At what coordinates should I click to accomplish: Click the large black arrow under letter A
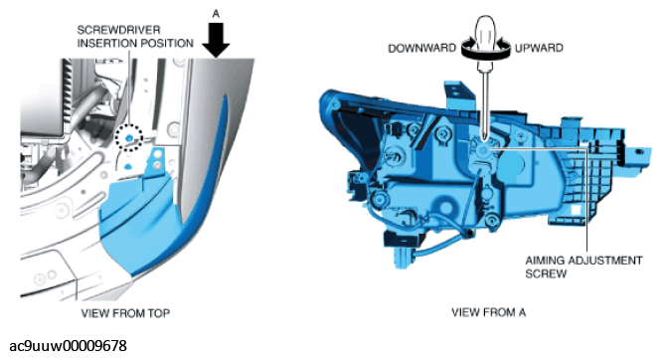click(216, 40)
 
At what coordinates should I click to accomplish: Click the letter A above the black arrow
click(216, 14)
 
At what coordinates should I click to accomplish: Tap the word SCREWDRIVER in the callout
click(119, 30)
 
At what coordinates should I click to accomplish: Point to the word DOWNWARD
click(421, 48)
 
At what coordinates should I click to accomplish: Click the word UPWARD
click(539, 48)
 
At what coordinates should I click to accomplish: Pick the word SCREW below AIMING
click(546, 273)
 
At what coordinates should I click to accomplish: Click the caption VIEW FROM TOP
click(125, 313)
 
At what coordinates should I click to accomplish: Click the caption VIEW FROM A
click(488, 312)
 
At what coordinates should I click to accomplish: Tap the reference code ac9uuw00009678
click(68, 346)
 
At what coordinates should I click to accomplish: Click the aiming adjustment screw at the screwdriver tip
click(484, 147)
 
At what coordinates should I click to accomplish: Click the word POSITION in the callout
click(170, 43)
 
